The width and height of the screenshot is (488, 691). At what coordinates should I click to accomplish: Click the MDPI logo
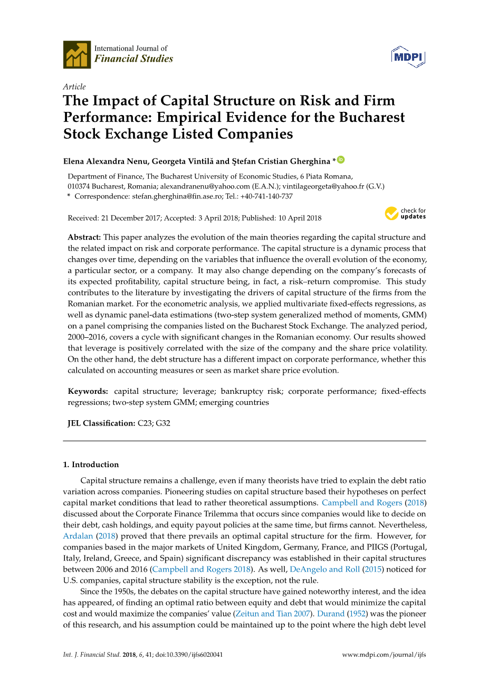[x=408, y=56]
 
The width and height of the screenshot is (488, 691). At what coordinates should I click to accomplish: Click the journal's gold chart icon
[x=77, y=54]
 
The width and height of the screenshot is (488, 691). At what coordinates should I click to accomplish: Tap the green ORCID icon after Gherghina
[x=341, y=159]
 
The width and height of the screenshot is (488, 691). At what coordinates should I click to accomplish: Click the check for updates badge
[x=405, y=213]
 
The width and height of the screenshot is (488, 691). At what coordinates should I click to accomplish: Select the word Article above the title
[x=74, y=87]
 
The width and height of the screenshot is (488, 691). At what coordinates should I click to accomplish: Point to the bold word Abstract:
[x=84, y=238]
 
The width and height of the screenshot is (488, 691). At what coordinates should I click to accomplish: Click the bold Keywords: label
[x=88, y=391]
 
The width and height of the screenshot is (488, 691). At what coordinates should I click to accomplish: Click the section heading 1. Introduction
[x=91, y=465]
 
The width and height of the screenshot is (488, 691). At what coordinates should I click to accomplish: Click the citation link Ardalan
[x=78, y=536]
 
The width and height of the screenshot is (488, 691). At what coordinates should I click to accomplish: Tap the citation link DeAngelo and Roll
[x=324, y=569]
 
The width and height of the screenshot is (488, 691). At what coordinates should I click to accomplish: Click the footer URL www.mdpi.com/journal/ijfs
[x=384, y=655]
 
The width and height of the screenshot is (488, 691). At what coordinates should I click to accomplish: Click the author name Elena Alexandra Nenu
[x=105, y=161]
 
